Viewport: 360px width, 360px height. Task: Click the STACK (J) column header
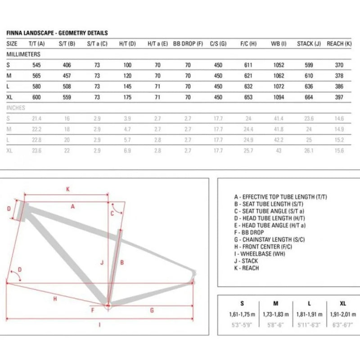309,44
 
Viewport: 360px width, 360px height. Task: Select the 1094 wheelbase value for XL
279,97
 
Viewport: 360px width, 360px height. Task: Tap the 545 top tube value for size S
36,65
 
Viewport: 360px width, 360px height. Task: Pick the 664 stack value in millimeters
308,97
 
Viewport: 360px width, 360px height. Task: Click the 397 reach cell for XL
339,97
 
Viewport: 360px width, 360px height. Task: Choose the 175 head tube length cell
127,97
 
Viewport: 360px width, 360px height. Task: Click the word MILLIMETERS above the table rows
23,54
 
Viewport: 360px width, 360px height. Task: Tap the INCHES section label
16,108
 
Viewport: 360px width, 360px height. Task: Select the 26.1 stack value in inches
308,151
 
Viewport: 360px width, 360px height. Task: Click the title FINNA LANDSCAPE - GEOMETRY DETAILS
57,33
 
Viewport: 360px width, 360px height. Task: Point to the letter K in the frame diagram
68,189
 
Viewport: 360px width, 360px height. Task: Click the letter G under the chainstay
152,310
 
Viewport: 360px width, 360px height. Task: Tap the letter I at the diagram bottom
99,325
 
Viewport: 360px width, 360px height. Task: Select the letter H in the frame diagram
55,299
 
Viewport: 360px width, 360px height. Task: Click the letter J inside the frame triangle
103,262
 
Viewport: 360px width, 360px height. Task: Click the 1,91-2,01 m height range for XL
343,314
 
